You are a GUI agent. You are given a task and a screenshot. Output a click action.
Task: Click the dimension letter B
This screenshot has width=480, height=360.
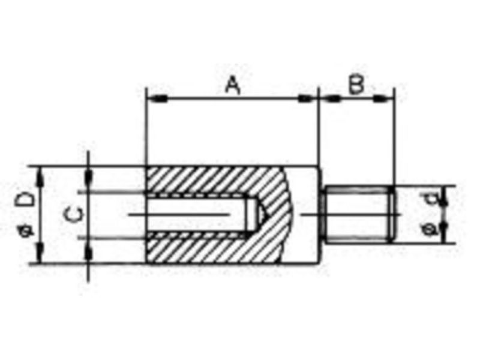tap(356, 83)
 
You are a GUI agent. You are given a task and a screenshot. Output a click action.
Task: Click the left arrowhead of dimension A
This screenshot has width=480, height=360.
tap(157, 98)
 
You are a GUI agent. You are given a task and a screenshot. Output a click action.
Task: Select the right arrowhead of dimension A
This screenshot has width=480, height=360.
tap(307, 98)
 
